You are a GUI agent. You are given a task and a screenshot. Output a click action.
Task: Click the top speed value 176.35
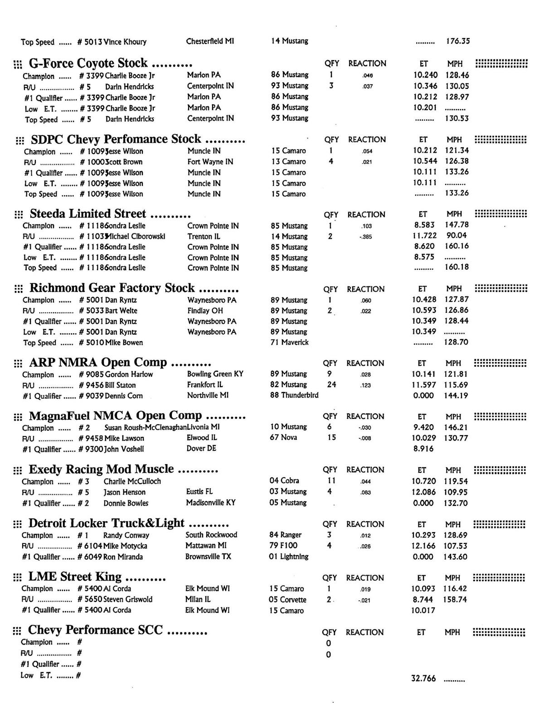coord(458,41)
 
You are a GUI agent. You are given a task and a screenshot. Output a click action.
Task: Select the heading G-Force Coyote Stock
coord(88,63)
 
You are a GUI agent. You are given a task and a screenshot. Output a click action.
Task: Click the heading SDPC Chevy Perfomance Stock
coord(116,139)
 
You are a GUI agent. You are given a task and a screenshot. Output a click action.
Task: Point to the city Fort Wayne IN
coord(210,161)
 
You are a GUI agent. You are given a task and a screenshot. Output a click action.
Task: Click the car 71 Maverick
coord(289,342)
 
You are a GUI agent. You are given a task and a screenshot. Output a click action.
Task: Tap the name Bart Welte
coord(121,310)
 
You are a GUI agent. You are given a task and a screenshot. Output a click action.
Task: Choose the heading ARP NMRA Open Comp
coord(98,363)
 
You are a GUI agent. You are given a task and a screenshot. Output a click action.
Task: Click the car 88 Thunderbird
coord(294,395)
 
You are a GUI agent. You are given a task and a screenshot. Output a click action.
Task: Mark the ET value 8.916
coord(423,449)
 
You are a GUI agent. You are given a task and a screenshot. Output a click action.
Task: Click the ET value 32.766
coord(423,679)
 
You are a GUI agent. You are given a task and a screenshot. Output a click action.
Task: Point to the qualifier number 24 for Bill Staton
coord(331,384)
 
